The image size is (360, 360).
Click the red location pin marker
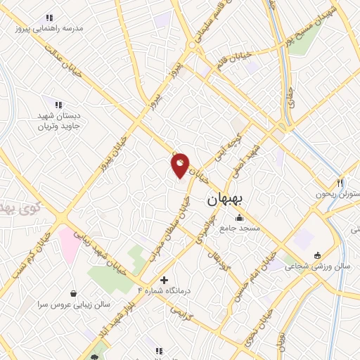[180, 165]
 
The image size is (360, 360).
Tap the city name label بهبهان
[226, 200]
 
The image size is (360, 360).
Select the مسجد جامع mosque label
[240, 229]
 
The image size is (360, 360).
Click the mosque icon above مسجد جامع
[239, 217]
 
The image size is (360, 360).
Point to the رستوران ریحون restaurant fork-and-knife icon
[340, 182]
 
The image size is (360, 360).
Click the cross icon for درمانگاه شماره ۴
[165, 279]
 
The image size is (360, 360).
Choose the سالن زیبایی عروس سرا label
[72, 304]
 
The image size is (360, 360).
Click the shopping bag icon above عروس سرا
[73, 292]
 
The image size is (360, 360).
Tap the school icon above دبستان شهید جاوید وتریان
[58, 105]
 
